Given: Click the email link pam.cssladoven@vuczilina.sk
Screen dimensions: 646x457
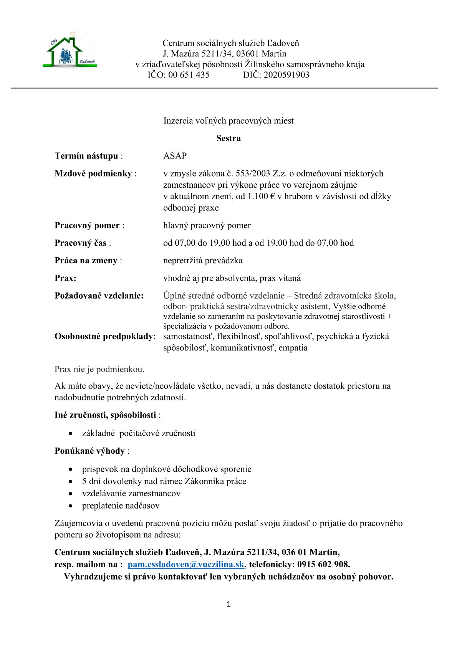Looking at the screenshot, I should (x=186, y=564).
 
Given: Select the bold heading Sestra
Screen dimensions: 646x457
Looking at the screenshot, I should (x=228, y=138).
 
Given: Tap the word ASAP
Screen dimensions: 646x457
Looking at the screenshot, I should (x=175, y=156).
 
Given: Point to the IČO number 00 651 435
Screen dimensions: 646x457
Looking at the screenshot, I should (x=189, y=75).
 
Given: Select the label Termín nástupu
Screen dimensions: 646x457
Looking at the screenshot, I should (x=86, y=156).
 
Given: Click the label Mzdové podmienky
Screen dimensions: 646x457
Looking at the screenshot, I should (x=93, y=173).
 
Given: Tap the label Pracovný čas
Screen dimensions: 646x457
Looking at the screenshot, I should (x=81, y=243).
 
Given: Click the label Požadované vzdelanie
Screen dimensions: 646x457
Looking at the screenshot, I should (x=99, y=296).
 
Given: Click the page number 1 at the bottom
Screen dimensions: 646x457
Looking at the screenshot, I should (x=229, y=605).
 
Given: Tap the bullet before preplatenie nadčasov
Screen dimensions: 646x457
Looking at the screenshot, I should (x=70, y=506).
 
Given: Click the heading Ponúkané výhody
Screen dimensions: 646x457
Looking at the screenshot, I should (x=90, y=451).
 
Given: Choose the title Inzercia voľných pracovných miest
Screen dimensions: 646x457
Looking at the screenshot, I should (x=228, y=121).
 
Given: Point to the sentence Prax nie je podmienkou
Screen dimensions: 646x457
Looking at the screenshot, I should (x=99, y=369).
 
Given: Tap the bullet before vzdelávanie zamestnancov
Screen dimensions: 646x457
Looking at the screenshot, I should (x=70, y=494).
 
